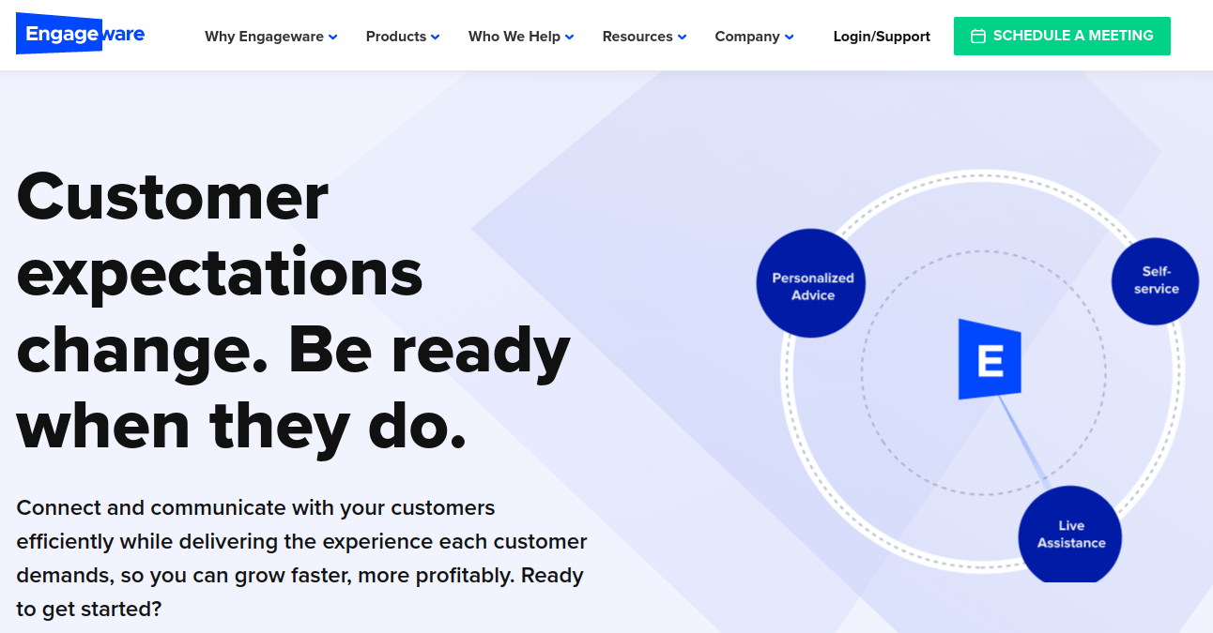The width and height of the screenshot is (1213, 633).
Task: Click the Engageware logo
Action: [80, 34]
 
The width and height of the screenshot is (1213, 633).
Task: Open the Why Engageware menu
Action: [270, 37]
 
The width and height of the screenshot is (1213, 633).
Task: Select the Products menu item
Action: [403, 37]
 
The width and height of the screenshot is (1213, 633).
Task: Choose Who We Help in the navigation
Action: [521, 37]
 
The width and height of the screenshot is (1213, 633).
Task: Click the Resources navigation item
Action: [644, 37]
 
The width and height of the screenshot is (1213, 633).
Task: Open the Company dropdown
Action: [754, 37]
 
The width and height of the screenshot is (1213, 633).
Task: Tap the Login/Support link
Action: [882, 37]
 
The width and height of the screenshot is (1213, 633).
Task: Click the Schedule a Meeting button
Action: [1062, 36]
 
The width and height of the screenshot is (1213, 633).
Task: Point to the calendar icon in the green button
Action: [978, 36]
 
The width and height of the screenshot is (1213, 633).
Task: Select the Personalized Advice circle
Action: [810, 283]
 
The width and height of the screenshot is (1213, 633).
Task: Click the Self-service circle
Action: [1155, 281]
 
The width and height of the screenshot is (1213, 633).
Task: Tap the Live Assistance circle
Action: [1070, 535]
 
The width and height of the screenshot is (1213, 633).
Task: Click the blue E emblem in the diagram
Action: [990, 359]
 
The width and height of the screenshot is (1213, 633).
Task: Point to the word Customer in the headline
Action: [172, 197]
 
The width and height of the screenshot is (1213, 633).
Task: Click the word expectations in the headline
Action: [220, 276]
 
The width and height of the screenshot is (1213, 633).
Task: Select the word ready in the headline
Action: [481, 352]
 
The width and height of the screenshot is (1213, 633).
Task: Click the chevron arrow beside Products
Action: [435, 37]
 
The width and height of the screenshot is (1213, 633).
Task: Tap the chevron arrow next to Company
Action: [789, 37]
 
